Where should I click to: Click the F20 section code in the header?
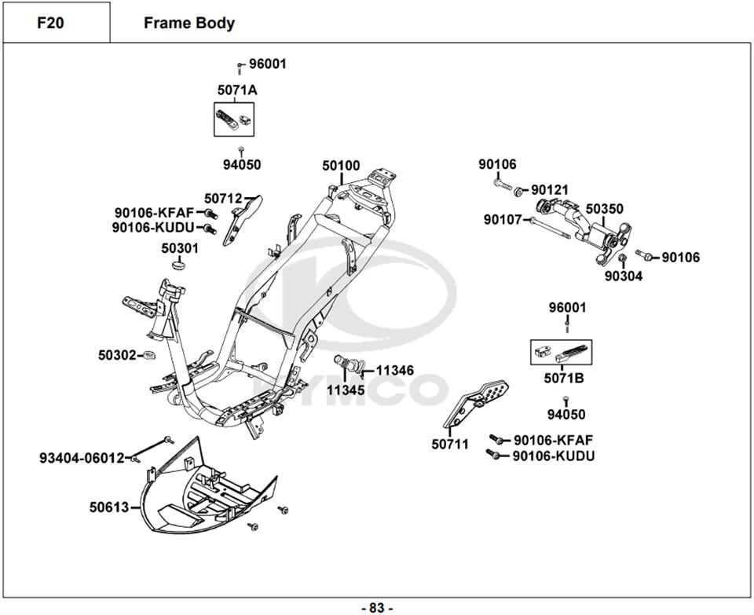pos(50,23)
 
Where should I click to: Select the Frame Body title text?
pos(188,23)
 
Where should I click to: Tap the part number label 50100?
pos(341,166)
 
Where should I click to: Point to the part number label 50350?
pos(605,209)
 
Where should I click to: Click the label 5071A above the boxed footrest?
pos(236,90)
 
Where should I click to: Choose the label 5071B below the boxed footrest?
pos(564,379)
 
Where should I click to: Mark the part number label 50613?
pos(108,507)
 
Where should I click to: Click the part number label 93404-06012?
pos(82,458)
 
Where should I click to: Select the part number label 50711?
pos(450,445)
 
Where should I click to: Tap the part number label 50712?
pos(223,200)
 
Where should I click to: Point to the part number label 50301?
pos(180,248)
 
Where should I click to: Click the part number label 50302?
pos(117,355)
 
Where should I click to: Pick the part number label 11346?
pos(394,370)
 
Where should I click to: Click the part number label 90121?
pos(551,190)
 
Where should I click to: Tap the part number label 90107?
pos(503,220)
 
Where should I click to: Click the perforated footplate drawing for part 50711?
pos(481,402)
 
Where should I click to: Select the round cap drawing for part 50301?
pos(180,265)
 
